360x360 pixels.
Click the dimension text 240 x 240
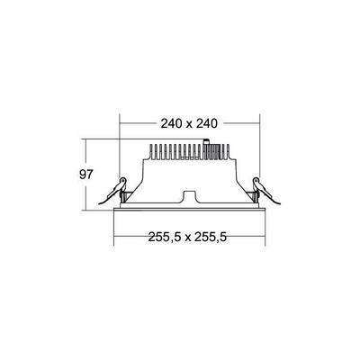[189, 123]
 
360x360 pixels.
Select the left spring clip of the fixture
[117, 189]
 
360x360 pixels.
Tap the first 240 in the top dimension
[165, 123]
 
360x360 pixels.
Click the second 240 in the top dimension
[214, 123]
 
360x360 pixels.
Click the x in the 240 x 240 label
[189, 123]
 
